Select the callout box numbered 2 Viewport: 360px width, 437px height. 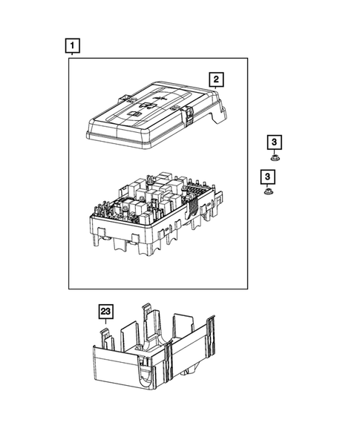point(216,79)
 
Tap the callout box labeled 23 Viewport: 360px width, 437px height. point(106,312)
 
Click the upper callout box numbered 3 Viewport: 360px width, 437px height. point(275,142)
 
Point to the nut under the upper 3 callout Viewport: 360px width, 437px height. point(275,157)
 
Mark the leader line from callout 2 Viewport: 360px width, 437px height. point(216,90)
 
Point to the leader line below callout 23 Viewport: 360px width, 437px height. point(106,324)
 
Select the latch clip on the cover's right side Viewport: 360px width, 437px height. point(191,114)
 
